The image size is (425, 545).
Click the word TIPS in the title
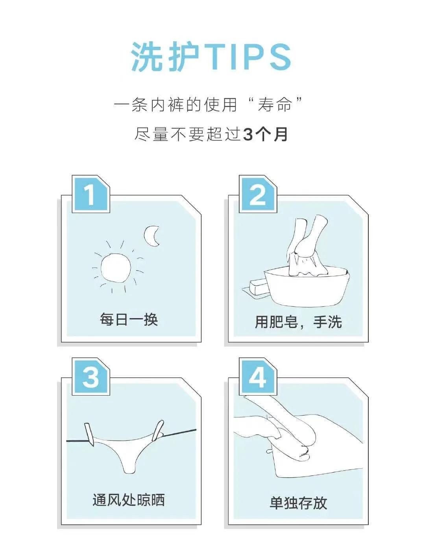249,57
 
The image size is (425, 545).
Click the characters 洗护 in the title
165,57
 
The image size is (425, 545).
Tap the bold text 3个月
266,134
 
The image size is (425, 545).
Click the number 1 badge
90,194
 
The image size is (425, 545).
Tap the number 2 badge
258,194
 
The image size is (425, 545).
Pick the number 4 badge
258,377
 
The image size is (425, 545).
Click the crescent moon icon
152,236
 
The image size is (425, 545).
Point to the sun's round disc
115,267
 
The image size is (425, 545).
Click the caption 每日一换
129,319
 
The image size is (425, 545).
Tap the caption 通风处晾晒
129,500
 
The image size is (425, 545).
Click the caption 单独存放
298,503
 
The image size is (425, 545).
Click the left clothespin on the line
89,435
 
